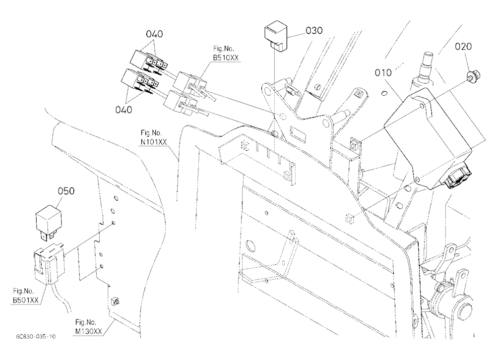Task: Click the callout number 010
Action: click(x=383, y=73)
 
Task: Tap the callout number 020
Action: click(x=463, y=47)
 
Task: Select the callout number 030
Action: click(x=314, y=31)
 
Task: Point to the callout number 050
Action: click(x=66, y=191)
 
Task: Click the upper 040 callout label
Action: click(x=154, y=34)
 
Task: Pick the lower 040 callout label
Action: click(x=124, y=110)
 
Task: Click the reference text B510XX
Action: click(x=226, y=58)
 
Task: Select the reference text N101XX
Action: click(x=154, y=142)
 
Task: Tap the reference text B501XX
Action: click(x=26, y=300)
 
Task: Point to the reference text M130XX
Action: click(x=89, y=331)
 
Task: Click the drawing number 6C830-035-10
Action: click(x=36, y=337)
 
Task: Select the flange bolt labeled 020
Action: click(x=473, y=75)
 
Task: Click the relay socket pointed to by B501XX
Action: click(x=49, y=263)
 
